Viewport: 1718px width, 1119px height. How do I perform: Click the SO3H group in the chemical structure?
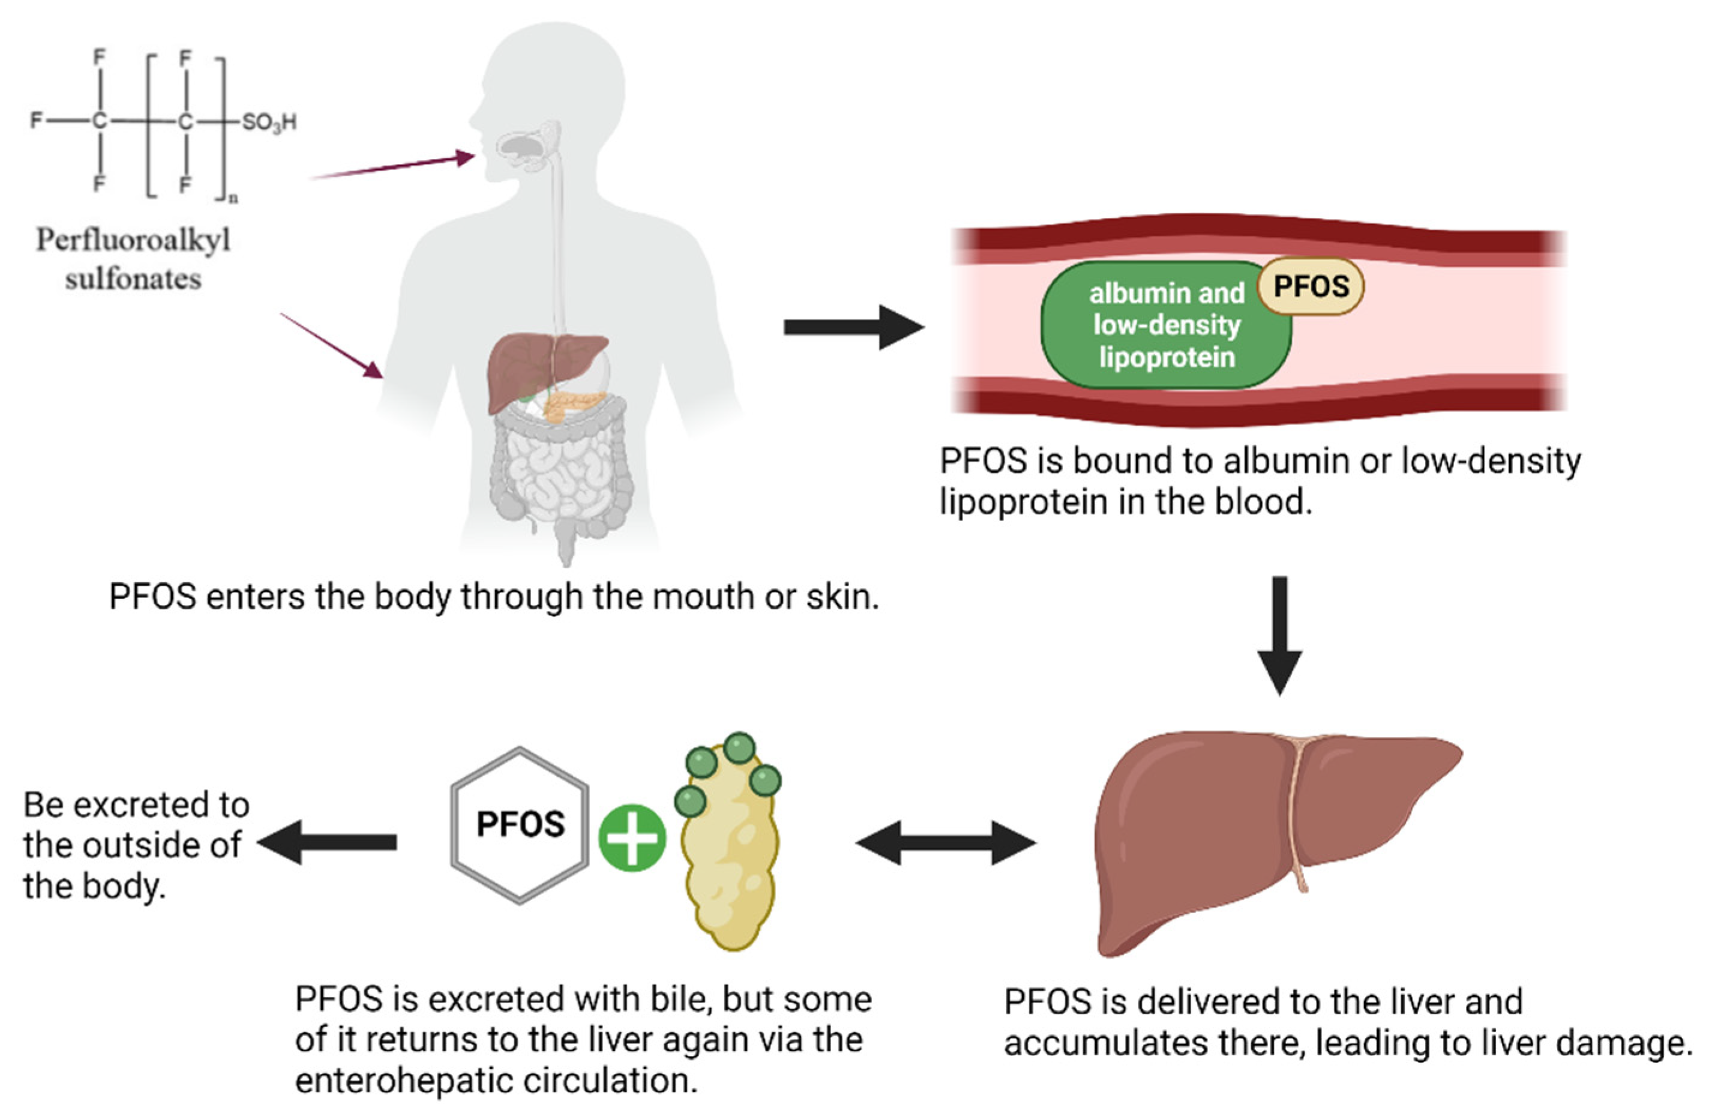pos(268,122)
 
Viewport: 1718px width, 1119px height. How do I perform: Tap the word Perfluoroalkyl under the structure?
pos(134,240)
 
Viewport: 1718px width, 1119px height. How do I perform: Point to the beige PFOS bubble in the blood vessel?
pos(1310,286)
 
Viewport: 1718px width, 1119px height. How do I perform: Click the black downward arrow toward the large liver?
pos(1279,635)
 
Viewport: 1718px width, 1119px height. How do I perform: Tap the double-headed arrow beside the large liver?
pos(946,842)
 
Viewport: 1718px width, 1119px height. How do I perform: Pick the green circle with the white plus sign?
pos(632,838)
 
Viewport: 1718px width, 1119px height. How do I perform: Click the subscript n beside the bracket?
pos(233,198)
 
